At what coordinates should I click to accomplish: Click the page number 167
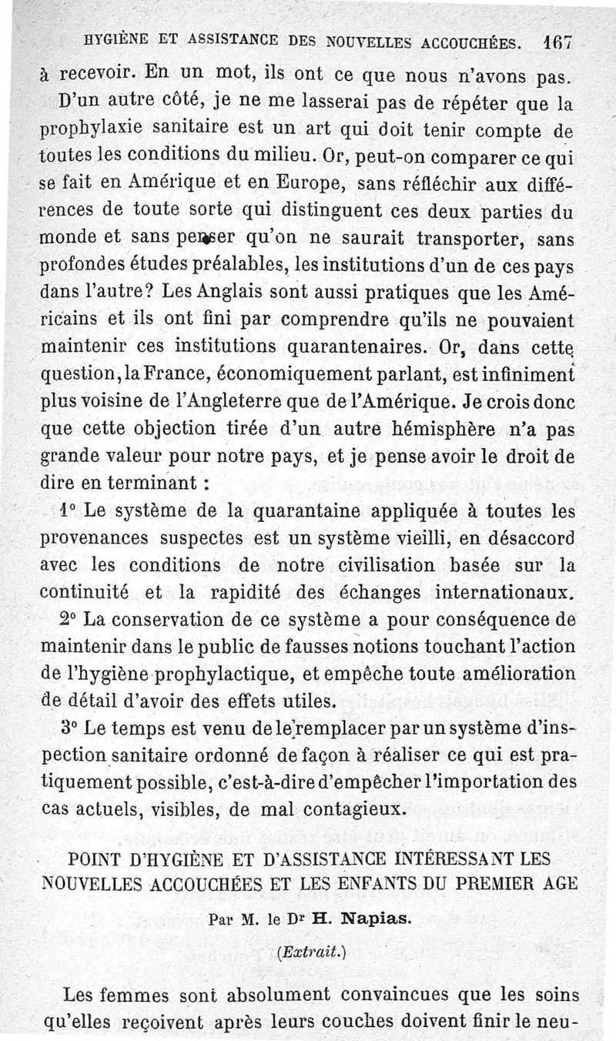click(x=554, y=44)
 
